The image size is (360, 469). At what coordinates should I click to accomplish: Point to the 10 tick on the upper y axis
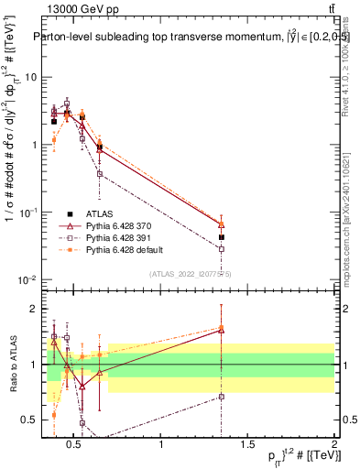tap(35, 77)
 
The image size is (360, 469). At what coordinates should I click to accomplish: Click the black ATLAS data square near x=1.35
tap(222, 236)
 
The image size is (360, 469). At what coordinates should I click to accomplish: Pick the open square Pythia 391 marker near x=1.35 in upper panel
tap(222, 248)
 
